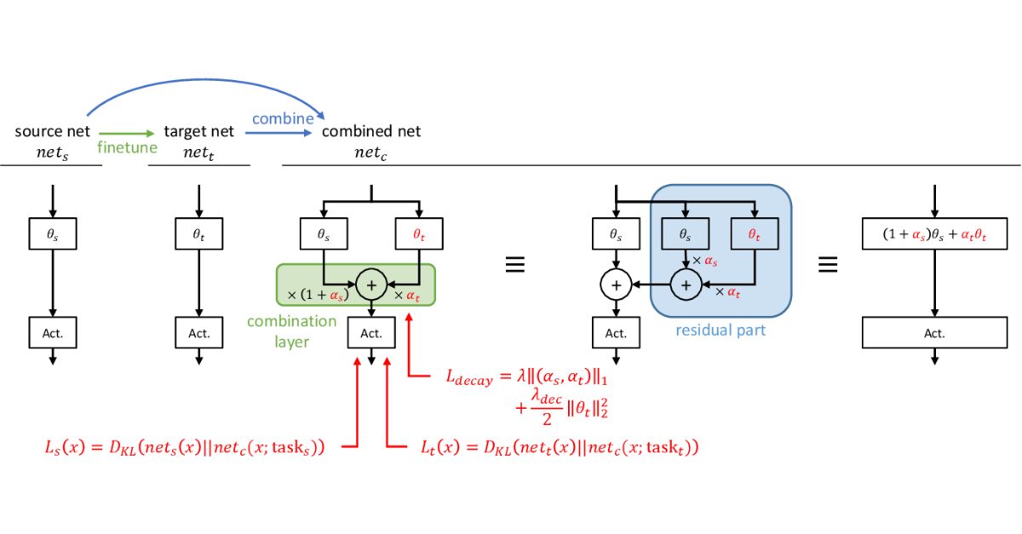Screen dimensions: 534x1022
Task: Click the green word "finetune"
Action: tap(126, 148)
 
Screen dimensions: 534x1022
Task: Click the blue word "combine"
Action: tap(283, 118)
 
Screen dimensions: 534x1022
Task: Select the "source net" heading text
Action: tap(52, 131)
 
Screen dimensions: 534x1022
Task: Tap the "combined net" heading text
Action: tap(371, 131)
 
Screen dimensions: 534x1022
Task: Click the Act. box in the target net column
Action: tap(198, 332)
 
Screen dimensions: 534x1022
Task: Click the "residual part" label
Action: tap(721, 330)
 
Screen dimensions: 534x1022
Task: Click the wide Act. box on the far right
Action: tap(934, 333)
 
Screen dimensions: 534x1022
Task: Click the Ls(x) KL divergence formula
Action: tap(186, 447)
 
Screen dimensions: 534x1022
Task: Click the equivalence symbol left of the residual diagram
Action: tap(514, 265)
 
